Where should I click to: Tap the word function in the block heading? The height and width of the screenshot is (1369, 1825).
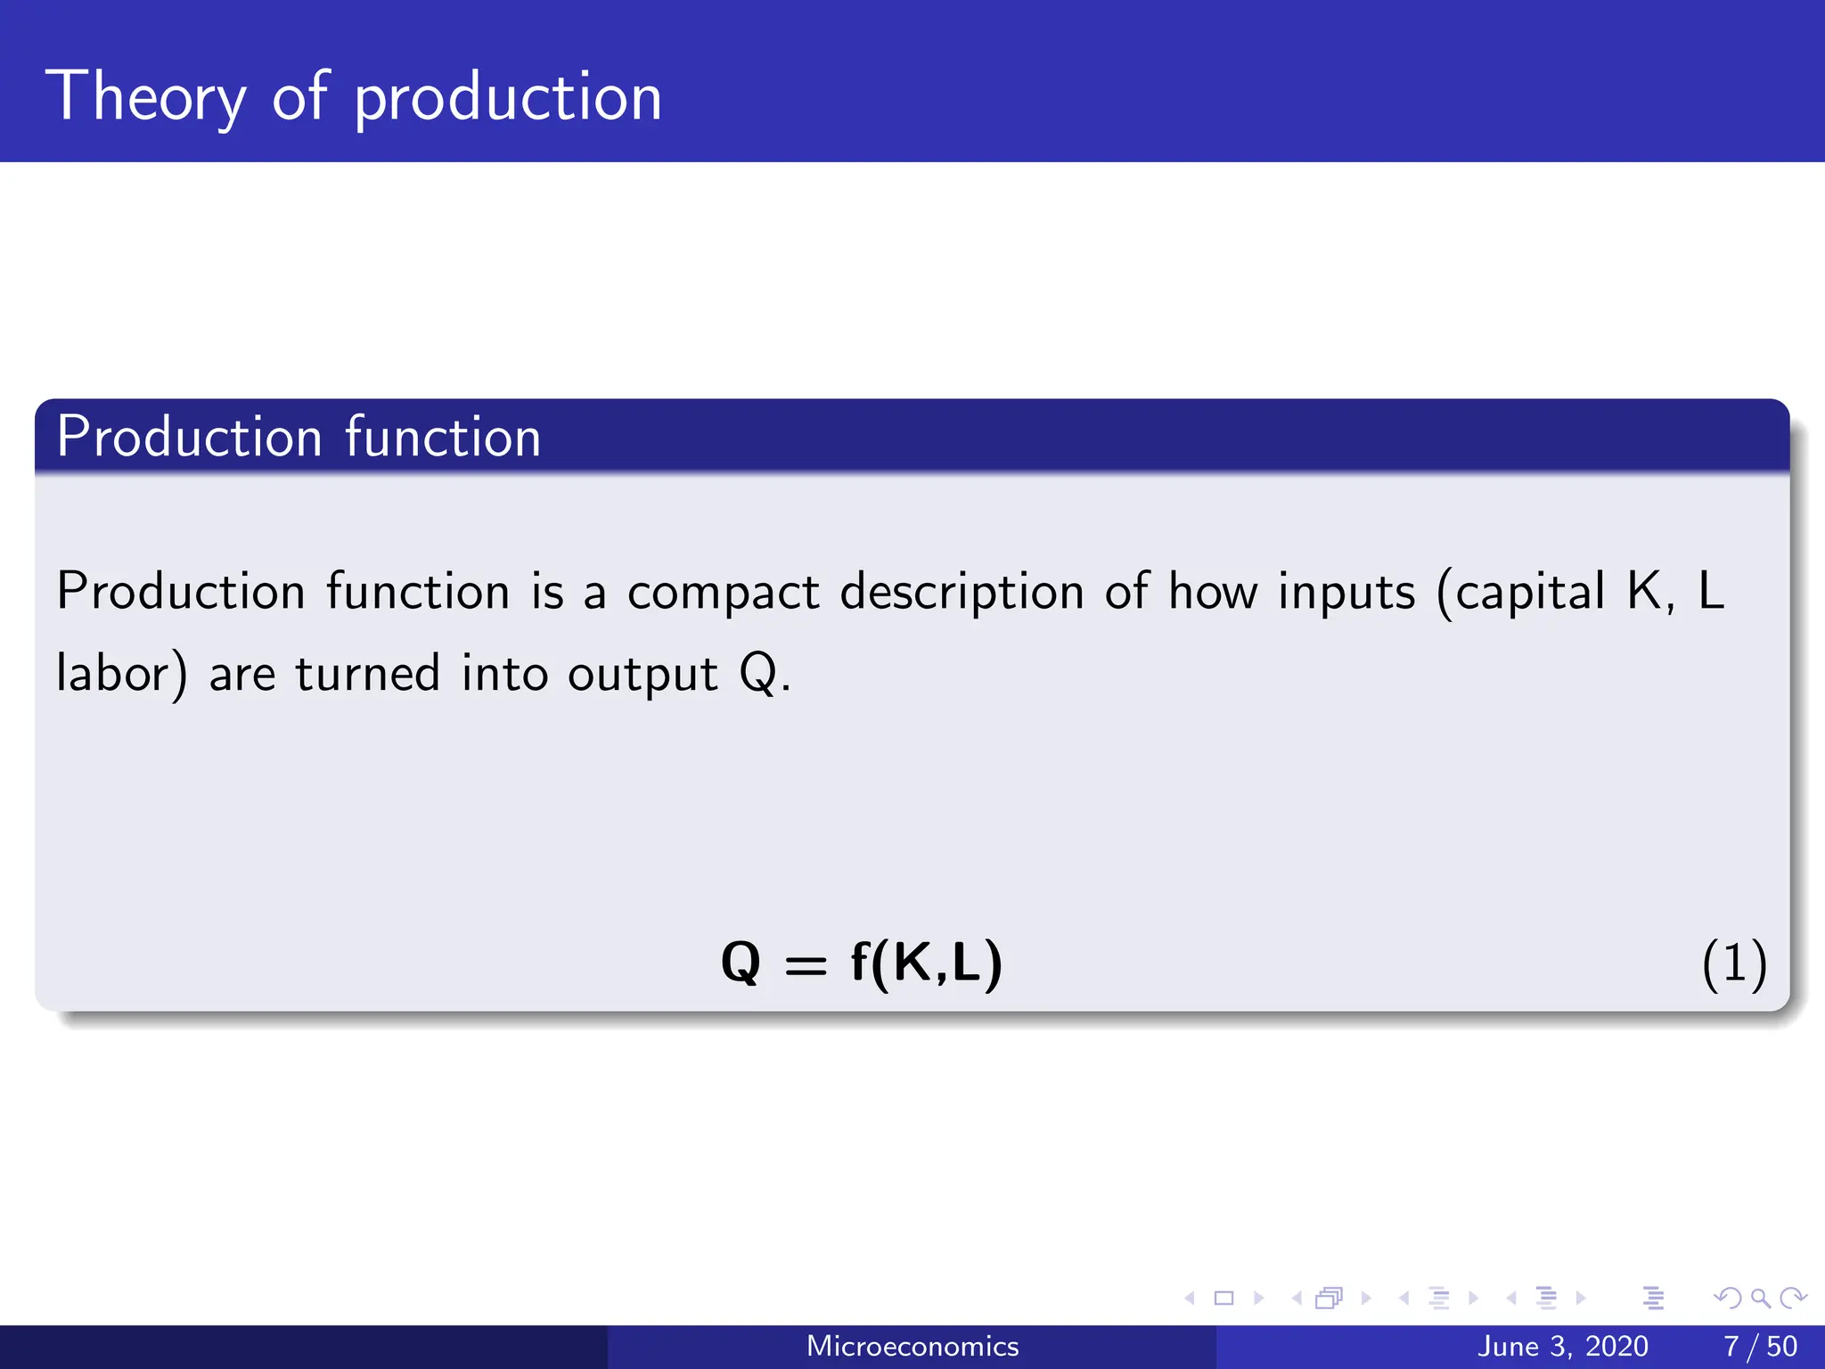pos(442,438)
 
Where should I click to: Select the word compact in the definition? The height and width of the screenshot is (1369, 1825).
pos(723,593)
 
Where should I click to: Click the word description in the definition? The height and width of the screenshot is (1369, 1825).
pos(962,593)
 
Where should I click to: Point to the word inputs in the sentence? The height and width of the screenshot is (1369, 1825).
pos(1346,593)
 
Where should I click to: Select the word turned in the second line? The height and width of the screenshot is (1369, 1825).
pos(367,673)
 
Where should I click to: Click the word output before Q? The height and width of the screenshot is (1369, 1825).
pos(642,675)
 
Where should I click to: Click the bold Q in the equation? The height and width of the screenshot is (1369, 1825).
pos(741,963)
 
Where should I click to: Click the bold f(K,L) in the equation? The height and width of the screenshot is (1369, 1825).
pos(926,963)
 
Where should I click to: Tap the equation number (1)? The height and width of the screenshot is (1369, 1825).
pos(1733,964)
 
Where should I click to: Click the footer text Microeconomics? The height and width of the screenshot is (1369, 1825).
pos(912,1346)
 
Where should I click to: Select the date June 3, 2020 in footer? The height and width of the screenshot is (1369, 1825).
pos(1562,1346)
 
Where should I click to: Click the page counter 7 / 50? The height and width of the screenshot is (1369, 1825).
pos(1760,1346)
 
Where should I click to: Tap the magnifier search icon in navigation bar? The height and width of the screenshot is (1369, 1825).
pos(1760,1298)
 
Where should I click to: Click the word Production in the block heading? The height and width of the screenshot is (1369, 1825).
pos(189,438)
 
